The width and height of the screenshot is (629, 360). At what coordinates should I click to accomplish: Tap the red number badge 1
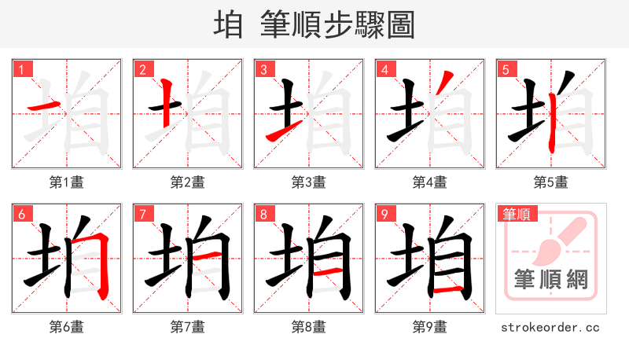21,69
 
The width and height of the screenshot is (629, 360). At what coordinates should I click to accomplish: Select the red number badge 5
506,69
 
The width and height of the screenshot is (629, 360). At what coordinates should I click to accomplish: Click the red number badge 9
384,214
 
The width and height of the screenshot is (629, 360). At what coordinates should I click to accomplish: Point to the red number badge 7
142,214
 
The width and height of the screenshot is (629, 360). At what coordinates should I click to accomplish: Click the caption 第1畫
66,182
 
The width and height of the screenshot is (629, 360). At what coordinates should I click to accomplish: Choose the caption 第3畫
308,182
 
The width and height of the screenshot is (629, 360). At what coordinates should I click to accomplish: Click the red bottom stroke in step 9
447,290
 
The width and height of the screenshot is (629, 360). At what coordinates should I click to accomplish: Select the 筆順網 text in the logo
550,279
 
